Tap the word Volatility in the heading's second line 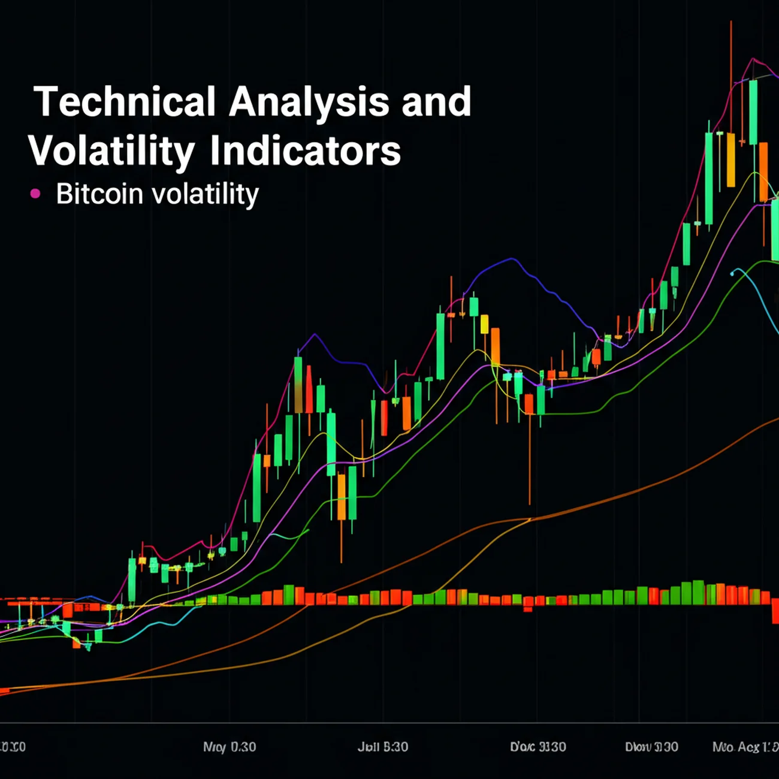pos(111,151)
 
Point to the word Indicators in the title pos(305,151)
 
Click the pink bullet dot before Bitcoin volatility pos(35,194)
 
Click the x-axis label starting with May pos(229,747)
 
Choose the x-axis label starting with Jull pos(382,747)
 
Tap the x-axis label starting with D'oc pos(538,747)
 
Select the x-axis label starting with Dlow pos(651,747)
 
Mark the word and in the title pos(436,102)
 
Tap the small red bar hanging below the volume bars pos(528,609)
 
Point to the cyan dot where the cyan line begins pos(732,273)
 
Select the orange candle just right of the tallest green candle pos(763,171)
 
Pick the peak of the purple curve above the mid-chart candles pos(511,259)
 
